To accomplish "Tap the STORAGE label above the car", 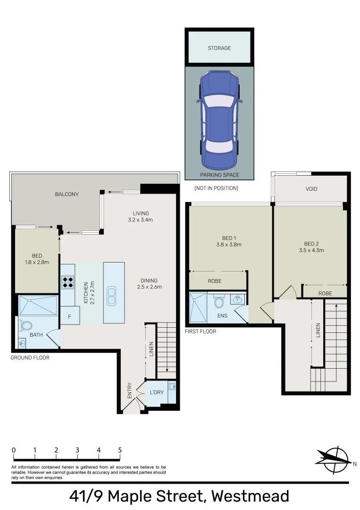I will [219, 48].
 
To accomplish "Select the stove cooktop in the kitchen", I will [67, 282].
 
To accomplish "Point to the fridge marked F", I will [69, 316].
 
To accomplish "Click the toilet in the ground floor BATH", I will [25, 325].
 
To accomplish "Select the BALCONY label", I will [67, 194].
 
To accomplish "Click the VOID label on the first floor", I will [311, 189].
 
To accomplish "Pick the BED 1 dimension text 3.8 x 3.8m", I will [226, 245].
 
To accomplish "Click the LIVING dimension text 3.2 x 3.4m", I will [140, 220].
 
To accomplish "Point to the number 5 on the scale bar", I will [120, 450].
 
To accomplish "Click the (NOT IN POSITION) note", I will [216, 188].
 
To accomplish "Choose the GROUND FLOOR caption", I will [30, 357].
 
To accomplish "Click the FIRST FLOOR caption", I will [200, 331].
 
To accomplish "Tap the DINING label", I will [149, 280].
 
